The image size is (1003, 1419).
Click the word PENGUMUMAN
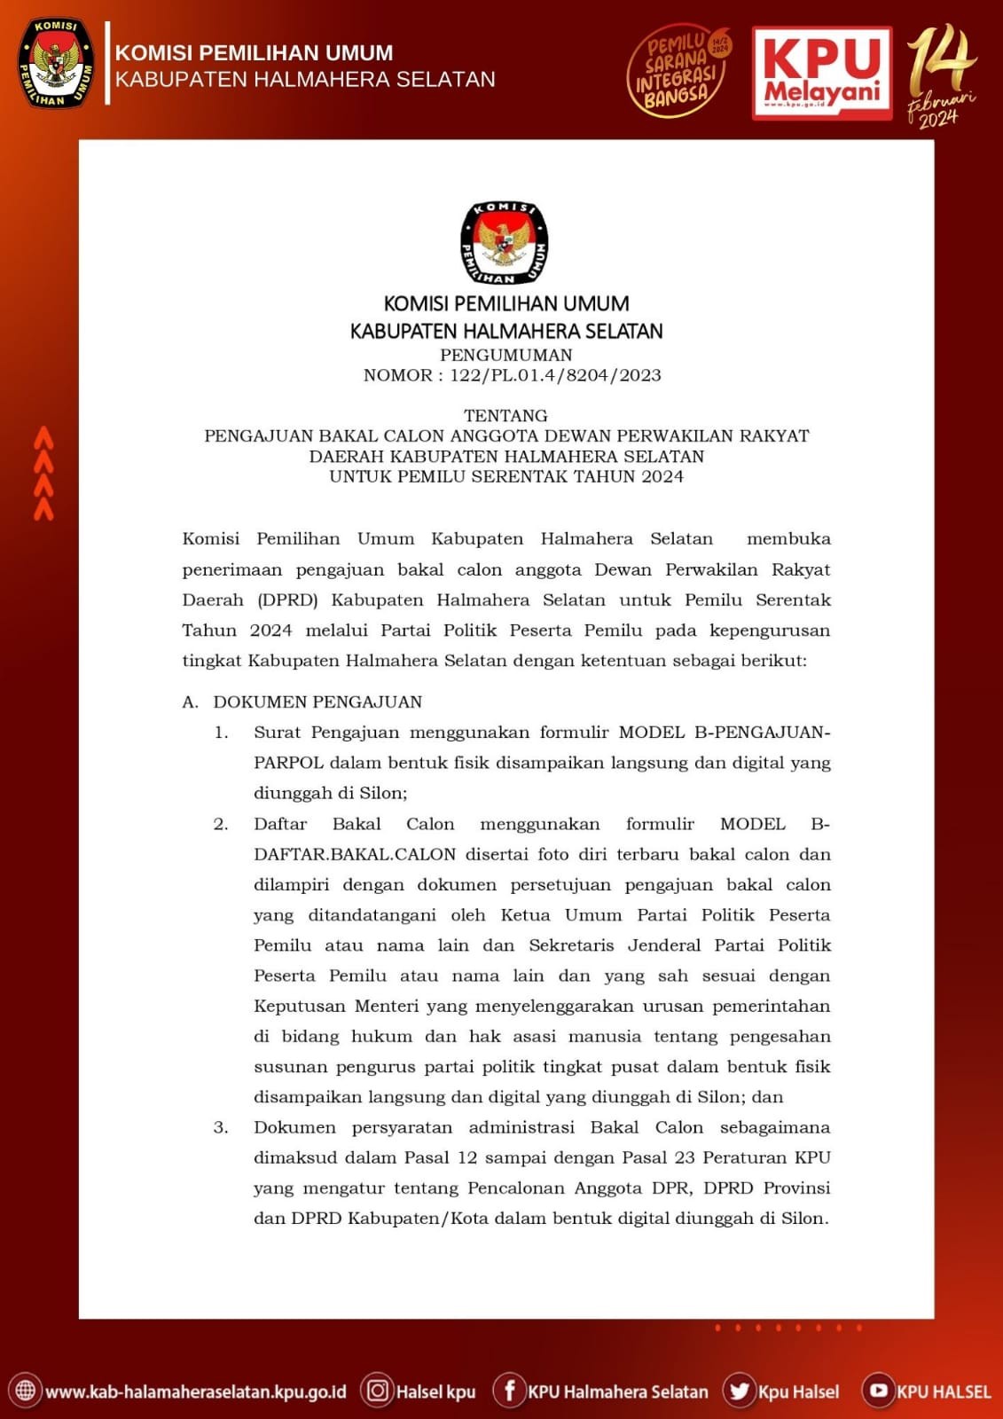click(x=506, y=355)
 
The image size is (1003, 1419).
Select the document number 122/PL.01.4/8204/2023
click(x=555, y=375)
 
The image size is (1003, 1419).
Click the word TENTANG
click(x=505, y=415)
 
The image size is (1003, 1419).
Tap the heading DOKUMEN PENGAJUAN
click(x=317, y=702)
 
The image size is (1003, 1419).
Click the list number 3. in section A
click(x=221, y=1127)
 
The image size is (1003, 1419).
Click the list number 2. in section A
click(x=221, y=824)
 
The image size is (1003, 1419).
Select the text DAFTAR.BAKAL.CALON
click(x=355, y=854)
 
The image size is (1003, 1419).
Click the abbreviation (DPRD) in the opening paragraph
click(x=287, y=600)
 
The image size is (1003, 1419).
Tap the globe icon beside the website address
click(x=25, y=1390)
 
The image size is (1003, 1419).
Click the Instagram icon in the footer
click(x=377, y=1390)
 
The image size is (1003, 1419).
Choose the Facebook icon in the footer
click(x=509, y=1390)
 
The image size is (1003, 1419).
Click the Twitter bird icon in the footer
click(x=739, y=1390)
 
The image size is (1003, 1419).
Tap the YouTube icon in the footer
click(x=878, y=1390)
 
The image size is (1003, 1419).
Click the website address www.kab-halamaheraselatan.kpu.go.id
click(x=195, y=1392)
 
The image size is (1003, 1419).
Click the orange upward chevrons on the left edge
click(x=43, y=473)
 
